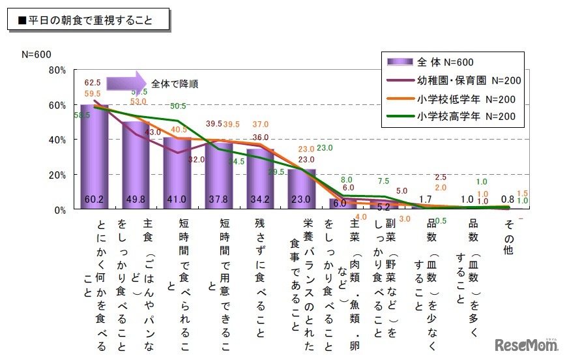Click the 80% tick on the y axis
click(57, 70)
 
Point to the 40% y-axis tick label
click(57, 140)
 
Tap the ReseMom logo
click(525, 344)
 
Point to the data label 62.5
click(93, 83)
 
